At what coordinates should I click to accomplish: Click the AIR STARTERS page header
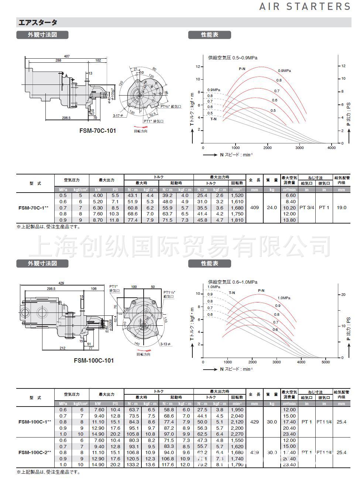305,7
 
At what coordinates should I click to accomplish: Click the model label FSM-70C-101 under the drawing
97,131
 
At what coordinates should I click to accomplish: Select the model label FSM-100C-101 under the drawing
94,360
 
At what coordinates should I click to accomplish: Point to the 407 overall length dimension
67,56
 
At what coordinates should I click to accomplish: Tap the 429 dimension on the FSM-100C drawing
61,283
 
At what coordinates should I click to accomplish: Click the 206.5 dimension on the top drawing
66,118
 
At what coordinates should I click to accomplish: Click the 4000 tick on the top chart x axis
332,148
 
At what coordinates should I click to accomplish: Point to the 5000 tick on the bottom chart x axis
325,362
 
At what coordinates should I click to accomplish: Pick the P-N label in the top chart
242,69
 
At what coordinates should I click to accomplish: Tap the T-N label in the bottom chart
232,293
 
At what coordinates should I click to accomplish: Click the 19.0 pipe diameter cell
342,208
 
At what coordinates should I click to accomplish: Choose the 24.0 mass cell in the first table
272,208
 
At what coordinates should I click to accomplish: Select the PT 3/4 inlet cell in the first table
306,208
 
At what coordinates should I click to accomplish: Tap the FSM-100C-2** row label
35,452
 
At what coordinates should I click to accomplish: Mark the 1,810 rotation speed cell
237,220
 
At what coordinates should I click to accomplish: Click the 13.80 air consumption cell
289,220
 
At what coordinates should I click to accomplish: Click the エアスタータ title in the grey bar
37,23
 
